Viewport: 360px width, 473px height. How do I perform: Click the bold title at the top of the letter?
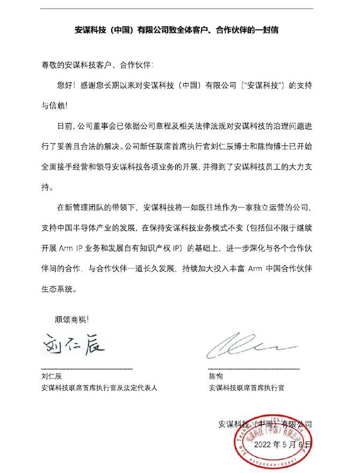pyautogui.click(x=179, y=31)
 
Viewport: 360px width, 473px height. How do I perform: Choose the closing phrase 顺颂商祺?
pyautogui.click(x=74, y=318)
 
